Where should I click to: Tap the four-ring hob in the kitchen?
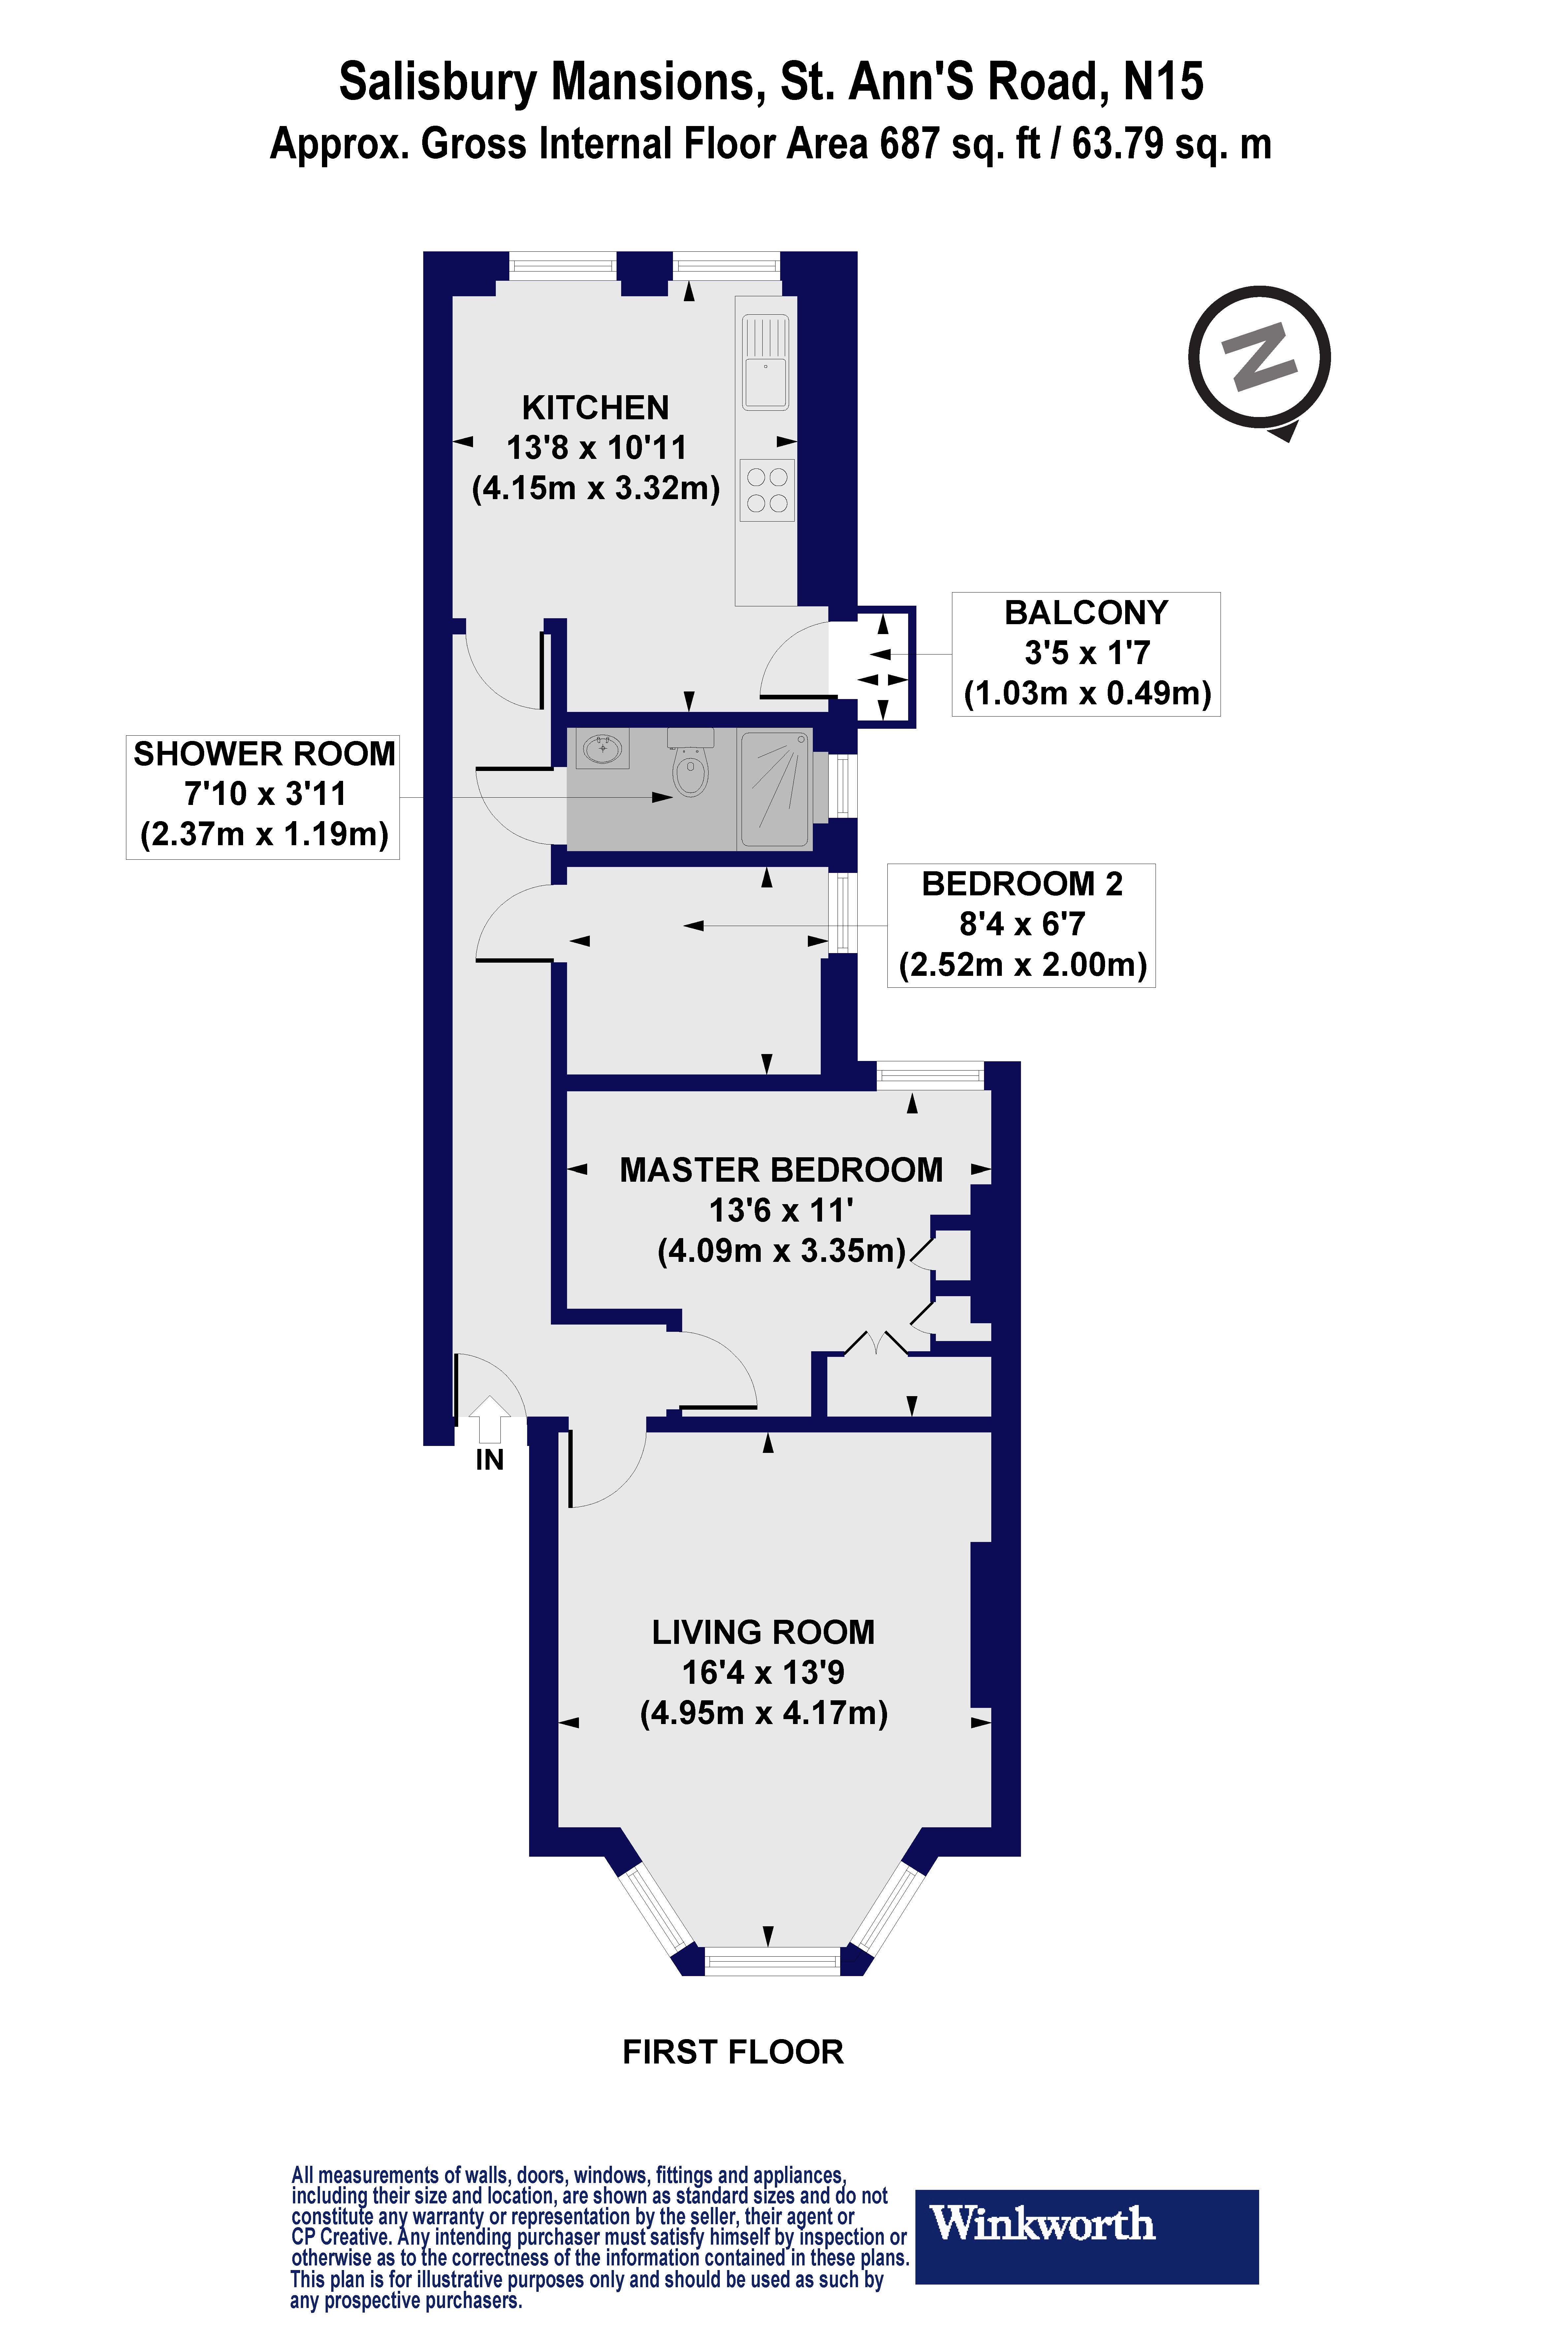766,490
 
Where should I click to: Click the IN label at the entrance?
489,1459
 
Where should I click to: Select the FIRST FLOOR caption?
732,2052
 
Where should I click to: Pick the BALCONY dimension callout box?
1086,654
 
